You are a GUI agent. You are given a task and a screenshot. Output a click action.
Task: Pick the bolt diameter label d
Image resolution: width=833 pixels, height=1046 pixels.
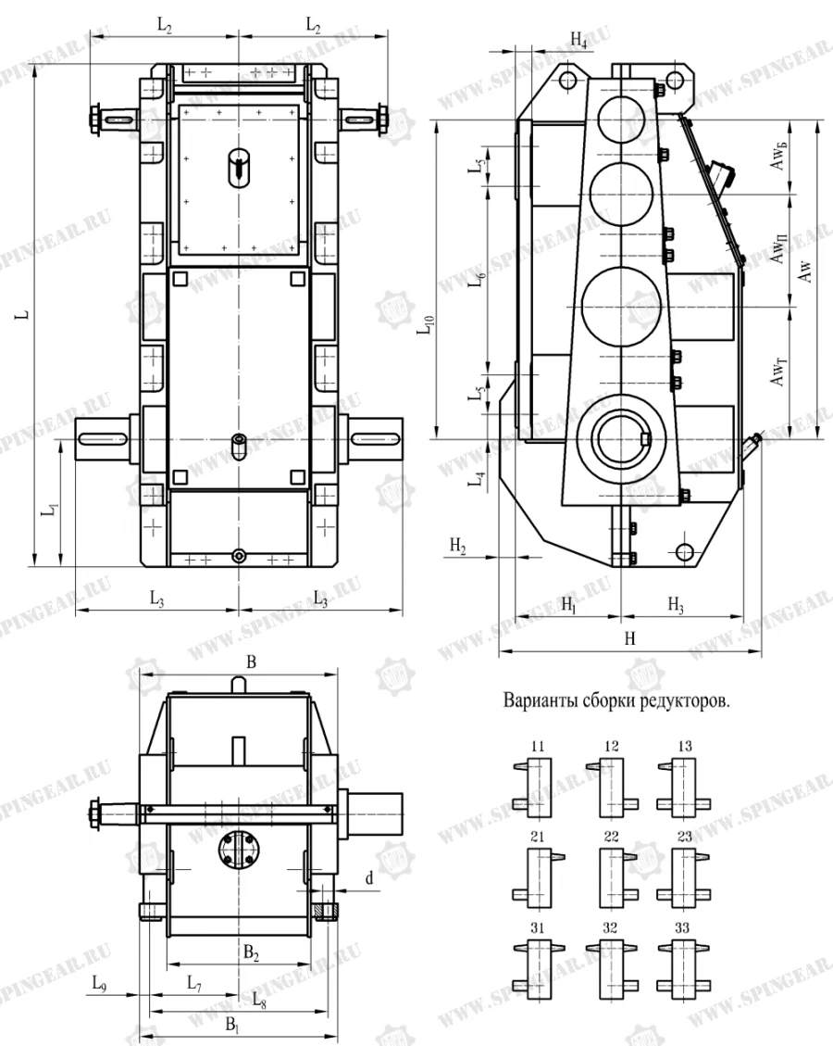(x=369, y=878)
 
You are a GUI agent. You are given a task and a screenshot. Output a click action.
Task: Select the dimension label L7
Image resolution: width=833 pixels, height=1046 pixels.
(x=195, y=983)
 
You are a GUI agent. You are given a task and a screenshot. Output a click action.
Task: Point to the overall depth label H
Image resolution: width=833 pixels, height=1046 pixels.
(x=629, y=639)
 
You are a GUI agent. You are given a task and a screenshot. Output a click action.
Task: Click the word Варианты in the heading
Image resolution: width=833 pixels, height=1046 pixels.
(x=536, y=700)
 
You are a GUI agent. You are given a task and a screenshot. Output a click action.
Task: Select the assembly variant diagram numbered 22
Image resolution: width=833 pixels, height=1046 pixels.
(x=611, y=872)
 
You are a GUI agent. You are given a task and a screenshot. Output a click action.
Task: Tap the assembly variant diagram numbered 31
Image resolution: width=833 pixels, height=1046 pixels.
(x=537, y=966)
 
